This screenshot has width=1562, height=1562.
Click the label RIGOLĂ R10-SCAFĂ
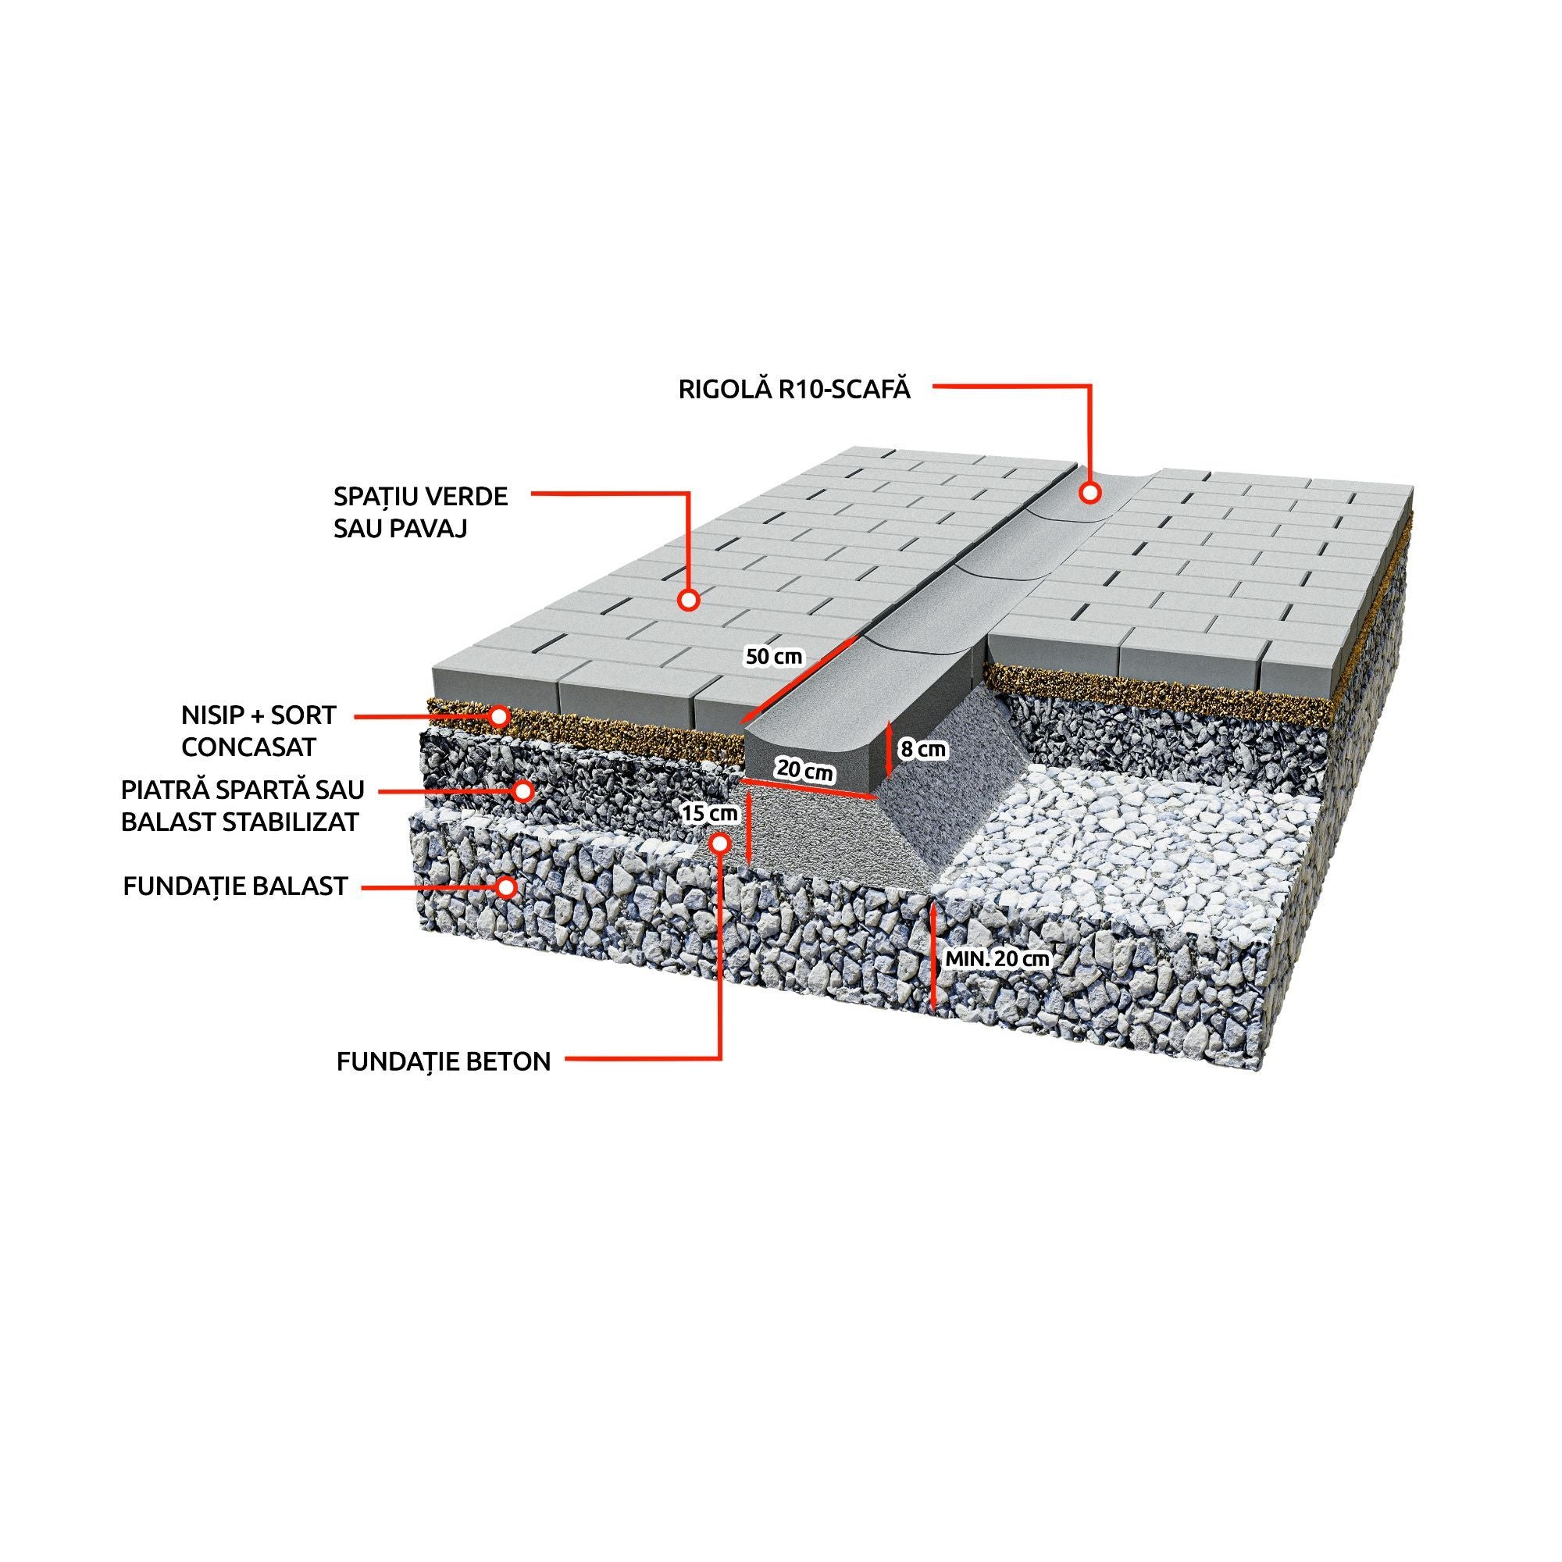point(794,389)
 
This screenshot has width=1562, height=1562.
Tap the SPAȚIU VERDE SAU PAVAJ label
point(420,512)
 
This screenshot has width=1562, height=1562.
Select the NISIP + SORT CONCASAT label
point(258,731)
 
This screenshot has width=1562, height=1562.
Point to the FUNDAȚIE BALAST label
point(235,886)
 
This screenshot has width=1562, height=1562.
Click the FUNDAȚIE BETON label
point(443,1061)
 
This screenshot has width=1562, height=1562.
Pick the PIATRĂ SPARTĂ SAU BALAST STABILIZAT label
point(242,805)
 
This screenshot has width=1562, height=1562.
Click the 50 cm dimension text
point(774,657)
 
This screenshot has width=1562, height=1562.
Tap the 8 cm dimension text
point(923,750)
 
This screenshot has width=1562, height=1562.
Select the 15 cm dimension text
point(709,813)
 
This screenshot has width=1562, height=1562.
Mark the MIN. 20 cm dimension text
point(997,959)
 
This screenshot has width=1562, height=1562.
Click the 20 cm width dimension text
point(804,771)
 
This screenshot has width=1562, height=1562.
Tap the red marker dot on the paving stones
point(688,600)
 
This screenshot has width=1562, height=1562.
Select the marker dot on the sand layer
point(500,715)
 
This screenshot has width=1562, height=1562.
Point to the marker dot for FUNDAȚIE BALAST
point(506,887)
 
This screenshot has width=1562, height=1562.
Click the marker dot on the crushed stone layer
point(525,790)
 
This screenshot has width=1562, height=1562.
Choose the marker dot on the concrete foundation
point(719,843)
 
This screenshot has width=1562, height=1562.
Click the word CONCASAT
point(248,747)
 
